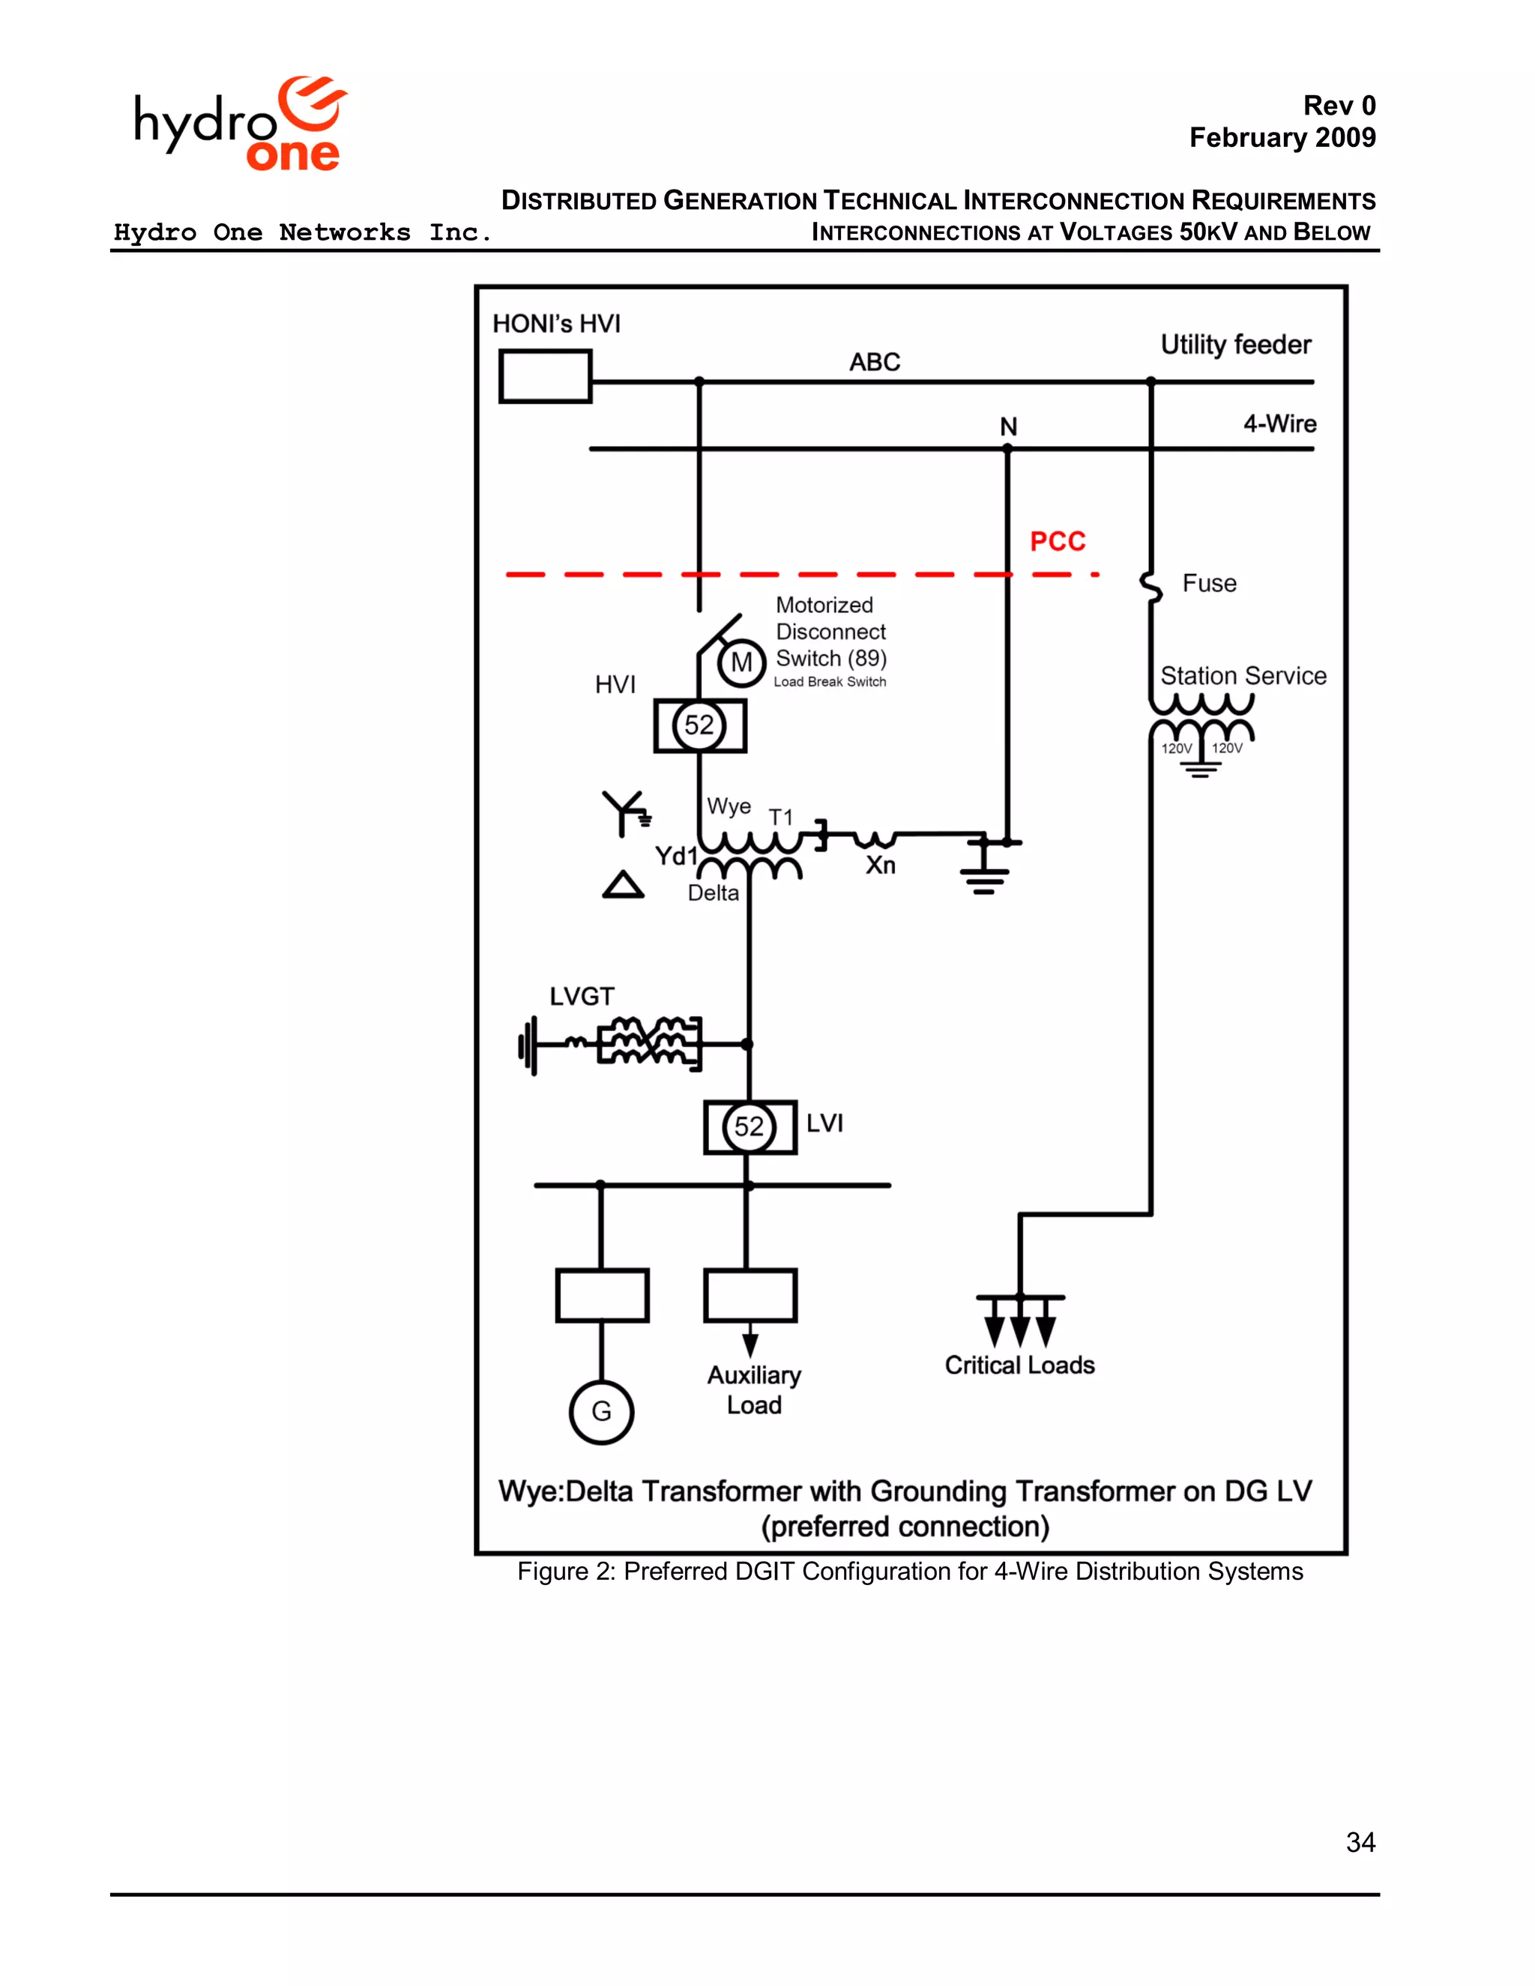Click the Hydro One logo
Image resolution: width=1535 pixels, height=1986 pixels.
click(x=240, y=124)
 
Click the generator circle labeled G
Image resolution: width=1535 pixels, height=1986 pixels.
click(x=601, y=1411)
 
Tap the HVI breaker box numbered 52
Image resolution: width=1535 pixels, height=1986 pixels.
click(x=699, y=725)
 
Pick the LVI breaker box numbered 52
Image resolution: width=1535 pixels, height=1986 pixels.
click(x=750, y=1128)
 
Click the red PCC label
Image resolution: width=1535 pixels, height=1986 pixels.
click(x=1057, y=542)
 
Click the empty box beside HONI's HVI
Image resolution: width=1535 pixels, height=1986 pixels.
click(x=545, y=376)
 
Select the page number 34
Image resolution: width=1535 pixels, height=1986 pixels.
click(x=1360, y=1841)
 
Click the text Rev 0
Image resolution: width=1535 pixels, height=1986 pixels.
click(x=1339, y=106)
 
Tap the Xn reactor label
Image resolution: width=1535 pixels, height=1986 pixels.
click(x=880, y=865)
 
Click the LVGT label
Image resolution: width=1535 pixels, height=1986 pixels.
click(x=581, y=997)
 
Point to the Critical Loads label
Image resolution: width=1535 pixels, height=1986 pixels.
click(x=1019, y=1365)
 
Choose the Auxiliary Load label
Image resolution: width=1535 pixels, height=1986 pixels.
click(x=754, y=1389)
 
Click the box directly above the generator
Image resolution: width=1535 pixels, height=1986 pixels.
click(x=602, y=1295)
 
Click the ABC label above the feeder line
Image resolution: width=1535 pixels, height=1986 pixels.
click(x=874, y=362)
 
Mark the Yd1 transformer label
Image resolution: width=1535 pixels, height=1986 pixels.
click(x=675, y=856)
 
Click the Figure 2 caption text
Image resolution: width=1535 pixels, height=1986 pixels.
click(x=909, y=1572)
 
